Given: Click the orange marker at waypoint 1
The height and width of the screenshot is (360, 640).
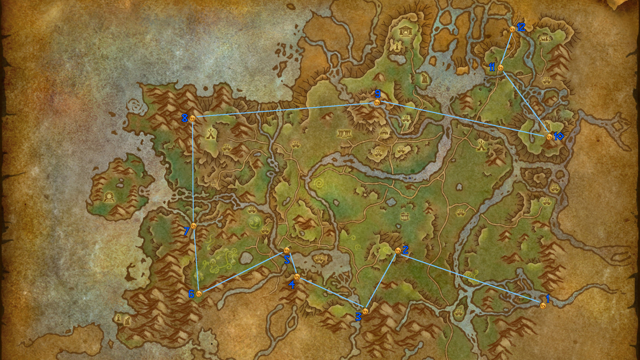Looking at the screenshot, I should (543, 306).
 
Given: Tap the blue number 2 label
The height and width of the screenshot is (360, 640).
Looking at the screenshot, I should (405, 250).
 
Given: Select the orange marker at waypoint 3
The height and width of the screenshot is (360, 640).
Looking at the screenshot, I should (365, 311).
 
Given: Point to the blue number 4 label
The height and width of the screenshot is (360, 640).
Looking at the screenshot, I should (292, 285).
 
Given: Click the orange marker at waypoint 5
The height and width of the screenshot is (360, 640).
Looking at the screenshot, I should (286, 250).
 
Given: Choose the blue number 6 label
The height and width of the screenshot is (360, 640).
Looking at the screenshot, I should (191, 294).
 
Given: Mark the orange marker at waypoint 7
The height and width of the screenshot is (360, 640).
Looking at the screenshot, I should (194, 226).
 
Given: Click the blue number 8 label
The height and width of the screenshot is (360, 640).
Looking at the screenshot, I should (184, 118).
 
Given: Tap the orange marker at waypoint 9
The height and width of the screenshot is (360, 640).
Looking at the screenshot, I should (377, 102).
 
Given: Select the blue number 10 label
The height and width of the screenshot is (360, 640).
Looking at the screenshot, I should (558, 136).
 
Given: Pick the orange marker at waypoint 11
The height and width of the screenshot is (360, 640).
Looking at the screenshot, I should (500, 68).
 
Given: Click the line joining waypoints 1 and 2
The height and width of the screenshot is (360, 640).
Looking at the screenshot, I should (470, 278).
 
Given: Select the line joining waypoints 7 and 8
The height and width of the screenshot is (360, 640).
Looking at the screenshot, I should (193, 172).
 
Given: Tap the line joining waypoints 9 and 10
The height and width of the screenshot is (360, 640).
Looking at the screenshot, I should (463, 119).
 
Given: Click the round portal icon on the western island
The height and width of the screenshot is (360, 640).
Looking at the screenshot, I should (109, 198).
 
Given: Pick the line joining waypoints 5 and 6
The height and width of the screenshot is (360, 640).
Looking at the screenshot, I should (243, 272).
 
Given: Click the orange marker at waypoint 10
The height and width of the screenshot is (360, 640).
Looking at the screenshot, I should (549, 137).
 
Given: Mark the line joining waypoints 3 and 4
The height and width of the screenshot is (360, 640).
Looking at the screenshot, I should (331, 294).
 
